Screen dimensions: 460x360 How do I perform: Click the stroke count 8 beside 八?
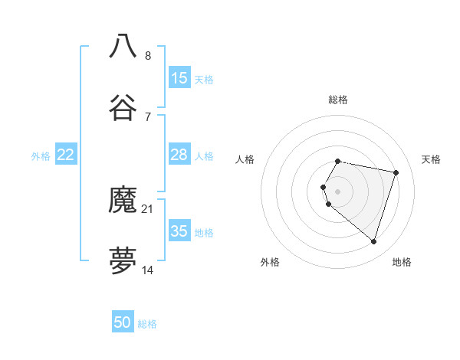pyautogui.click(x=148, y=55)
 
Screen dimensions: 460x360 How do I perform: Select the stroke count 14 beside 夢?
pyautogui.click(x=148, y=270)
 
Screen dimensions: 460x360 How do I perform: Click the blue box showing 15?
pyautogui.click(x=179, y=78)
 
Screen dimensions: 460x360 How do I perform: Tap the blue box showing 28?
pyautogui.click(x=179, y=155)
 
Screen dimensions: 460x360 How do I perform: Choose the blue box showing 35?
pyautogui.click(x=179, y=231)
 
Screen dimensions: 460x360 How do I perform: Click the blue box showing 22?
pyautogui.click(x=66, y=155)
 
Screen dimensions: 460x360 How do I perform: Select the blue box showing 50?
pyautogui.click(x=123, y=322)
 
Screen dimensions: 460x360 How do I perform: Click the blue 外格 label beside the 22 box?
pyautogui.click(x=41, y=156)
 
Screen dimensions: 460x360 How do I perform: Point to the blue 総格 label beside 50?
pyautogui.click(x=147, y=324)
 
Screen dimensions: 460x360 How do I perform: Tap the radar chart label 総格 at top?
pyautogui.click(x=338, y=100)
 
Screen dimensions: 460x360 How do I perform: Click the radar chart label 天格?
pyautogui.click(x=432, y=159)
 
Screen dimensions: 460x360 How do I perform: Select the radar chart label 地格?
pyautogui.click(x=402, y=262)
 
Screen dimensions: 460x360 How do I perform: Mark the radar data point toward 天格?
pyautogui.click(x=396, y=172)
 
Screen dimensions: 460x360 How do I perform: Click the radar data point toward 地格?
pyautogui.click(x=373, y=241)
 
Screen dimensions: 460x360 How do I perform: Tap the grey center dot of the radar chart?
pyautogui.click(x=338, y=191)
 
